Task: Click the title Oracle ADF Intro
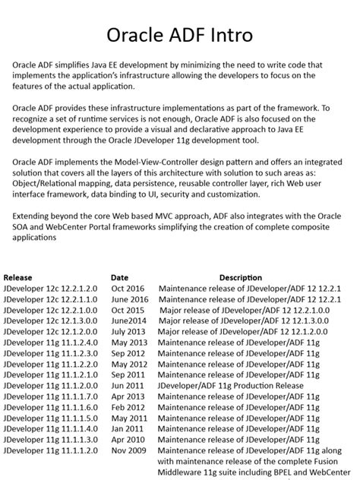179,35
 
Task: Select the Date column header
119,278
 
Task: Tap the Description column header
241,278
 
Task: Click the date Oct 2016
127,289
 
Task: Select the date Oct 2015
127,310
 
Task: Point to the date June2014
128,321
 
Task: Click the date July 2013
128,332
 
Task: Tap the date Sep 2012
128,353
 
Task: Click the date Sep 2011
128,374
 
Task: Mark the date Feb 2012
128,407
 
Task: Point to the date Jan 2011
127,428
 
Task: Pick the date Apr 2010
127,440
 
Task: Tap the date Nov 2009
128,450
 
